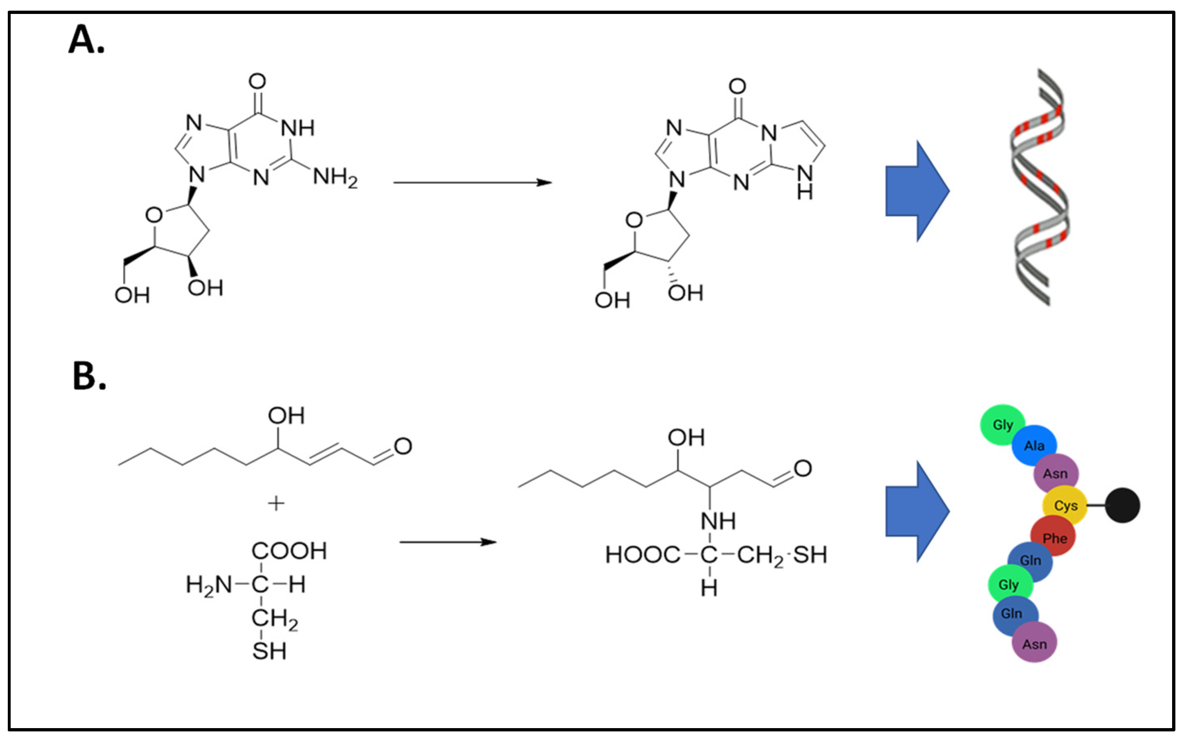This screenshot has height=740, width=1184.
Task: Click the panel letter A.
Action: tap(86, 40)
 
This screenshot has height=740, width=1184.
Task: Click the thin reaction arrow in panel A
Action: tap(472, 182)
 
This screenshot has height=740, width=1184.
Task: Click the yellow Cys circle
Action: tap(1065, 505)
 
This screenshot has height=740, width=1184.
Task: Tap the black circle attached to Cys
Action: tap(1122, 505)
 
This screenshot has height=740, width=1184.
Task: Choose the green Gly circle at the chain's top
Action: tap(1002, 425)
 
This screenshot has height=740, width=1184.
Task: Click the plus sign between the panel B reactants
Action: tap(276, 503)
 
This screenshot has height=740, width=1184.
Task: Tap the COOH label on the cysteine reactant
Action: tap(289, 551)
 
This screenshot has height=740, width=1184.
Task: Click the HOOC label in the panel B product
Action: tap(643, 555)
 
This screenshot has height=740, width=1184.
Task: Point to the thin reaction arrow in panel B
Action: tap(448, 542)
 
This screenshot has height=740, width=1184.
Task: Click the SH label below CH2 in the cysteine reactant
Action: tap(269, 651)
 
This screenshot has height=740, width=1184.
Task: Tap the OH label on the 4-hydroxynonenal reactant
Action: tap(286, 416)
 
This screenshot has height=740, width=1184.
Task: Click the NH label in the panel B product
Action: tap(718, 521)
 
